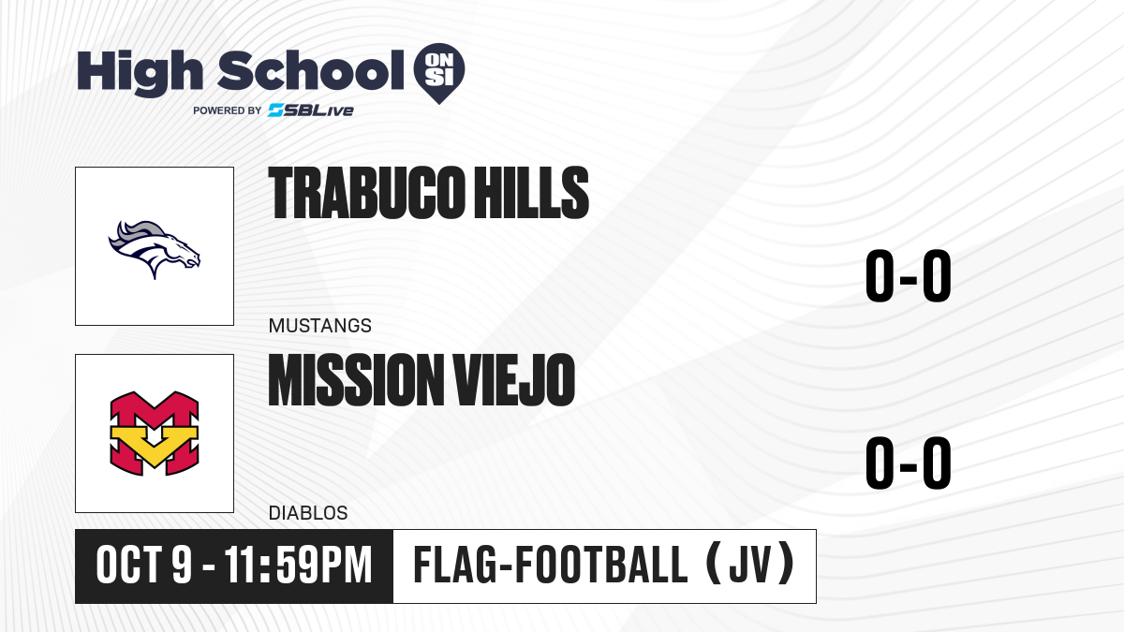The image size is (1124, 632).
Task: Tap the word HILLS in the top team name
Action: [531, 193]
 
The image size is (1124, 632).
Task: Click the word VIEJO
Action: [514, 379]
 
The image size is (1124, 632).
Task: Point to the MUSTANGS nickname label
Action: [320, 326]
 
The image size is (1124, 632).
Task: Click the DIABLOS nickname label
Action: [308, 513]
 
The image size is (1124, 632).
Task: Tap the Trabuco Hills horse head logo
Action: [154, 249]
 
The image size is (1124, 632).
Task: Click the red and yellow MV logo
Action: [155, 434]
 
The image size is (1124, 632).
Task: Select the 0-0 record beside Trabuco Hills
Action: [909, 276]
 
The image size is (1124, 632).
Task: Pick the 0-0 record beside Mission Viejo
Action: [909, 463]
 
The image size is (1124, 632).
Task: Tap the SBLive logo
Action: [310, 110]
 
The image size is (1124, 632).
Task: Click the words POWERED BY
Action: [228, 110]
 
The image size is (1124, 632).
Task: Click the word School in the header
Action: [311, 70]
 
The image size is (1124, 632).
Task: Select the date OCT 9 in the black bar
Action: [144, 566]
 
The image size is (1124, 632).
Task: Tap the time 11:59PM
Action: [298, 566]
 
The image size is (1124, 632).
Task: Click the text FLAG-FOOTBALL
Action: [550, 566]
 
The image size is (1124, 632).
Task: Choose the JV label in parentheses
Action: [749, 566]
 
